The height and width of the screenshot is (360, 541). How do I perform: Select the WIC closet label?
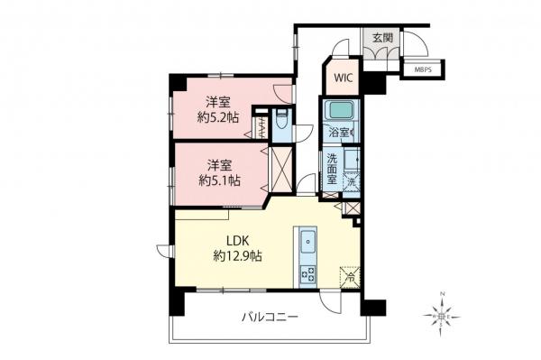click(x=343, y=78)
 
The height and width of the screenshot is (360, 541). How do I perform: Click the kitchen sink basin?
click(x=307, y=242)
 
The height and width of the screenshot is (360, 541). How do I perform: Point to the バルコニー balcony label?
click(x=270, y=318)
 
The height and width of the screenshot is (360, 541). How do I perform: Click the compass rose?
click(x=442, y=316)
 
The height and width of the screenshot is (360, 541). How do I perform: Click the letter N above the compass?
click(x=442, y=295)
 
